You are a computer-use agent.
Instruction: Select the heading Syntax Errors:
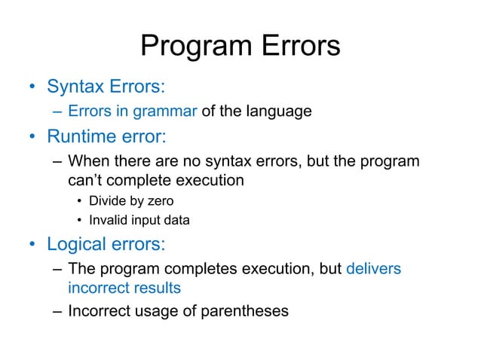tap(106, 86)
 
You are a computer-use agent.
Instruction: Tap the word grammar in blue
tap(166, 112)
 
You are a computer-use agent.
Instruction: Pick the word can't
tap(87, 182)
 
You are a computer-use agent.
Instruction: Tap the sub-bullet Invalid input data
tap(139, 221)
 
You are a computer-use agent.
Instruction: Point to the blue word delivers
tap(374, 270)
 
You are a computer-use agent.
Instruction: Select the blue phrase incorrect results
tap(124, 288)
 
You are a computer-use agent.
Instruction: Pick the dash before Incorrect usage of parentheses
tap(57, 310)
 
